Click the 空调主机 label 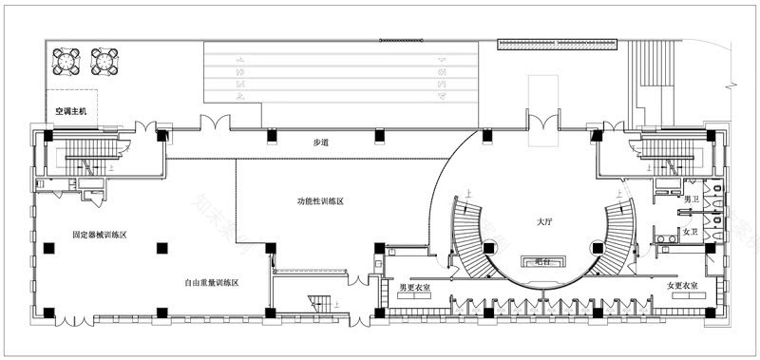pos(70,112)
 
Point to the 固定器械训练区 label pos(99,234)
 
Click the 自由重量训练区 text pos(210,283)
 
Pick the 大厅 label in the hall pos(544,221)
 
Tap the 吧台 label pos(543,259)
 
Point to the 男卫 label pos(692,199)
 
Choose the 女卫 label pos(692,232)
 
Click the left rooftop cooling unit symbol pos(67,61)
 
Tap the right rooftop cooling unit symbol pos(104,61)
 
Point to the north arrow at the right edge pos(732,83)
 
